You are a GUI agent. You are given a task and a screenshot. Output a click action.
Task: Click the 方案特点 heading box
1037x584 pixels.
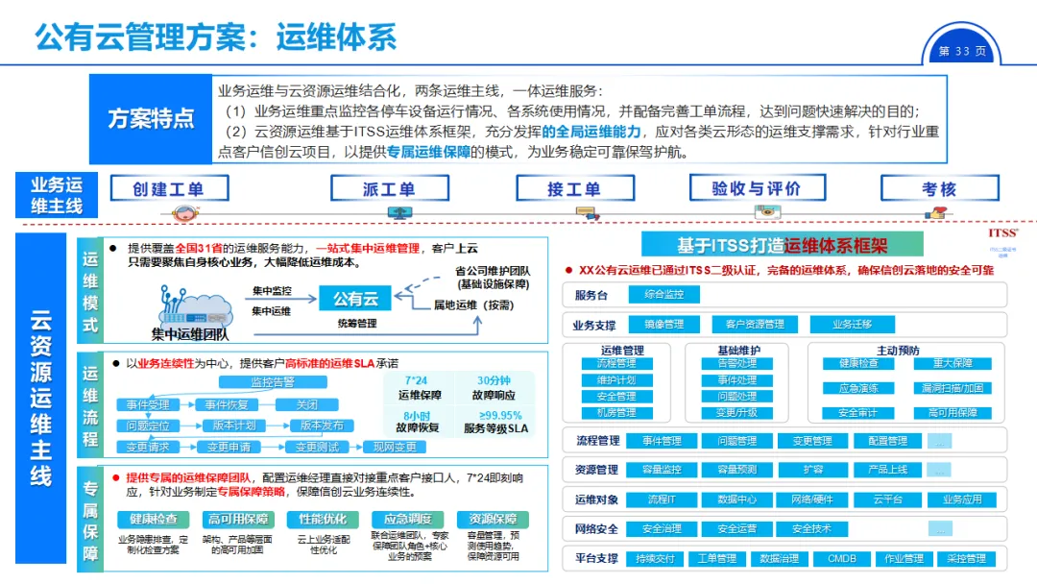(x=150, y=119)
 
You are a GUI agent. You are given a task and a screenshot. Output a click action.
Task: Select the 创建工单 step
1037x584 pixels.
(x=169, y=188)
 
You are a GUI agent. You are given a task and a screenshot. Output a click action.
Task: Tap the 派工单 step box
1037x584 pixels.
(x=389, y=188)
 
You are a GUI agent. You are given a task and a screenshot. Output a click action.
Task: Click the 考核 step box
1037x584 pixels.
(x=939, y=188)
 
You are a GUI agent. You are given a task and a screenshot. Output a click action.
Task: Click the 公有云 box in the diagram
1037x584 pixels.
(x=355, y=300)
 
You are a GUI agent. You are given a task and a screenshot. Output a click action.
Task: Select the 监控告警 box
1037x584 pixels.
(x=273, y=382)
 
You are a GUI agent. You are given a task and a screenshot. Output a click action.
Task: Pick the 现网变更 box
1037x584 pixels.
(x=395, y=447)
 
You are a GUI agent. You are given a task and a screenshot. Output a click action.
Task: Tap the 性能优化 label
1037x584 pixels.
(x=316, y=519)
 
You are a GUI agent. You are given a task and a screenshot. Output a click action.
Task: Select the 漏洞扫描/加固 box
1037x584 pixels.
(x=953, y=388)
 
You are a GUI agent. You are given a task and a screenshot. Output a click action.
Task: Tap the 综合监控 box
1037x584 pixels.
(x=664, y=295)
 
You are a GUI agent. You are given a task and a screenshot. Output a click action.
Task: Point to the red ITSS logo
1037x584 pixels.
(x=1002, y=232)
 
